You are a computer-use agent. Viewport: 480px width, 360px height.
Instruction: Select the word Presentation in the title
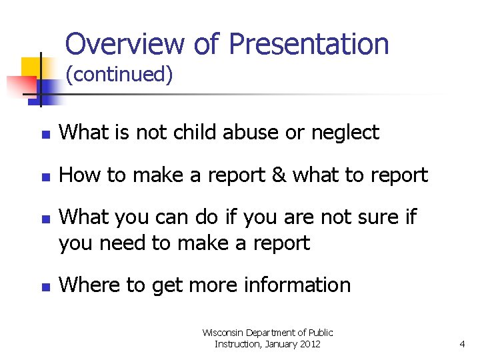click(309, 44)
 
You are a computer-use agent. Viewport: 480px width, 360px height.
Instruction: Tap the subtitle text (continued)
click(119, 75)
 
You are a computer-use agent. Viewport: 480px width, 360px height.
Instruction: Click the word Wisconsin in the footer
click(224, 332)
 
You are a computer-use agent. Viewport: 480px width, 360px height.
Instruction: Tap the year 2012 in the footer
click(309, 344)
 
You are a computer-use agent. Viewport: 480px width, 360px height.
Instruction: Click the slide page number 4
click(462, 345)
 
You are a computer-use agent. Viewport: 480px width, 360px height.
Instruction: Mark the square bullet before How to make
click(45, 177)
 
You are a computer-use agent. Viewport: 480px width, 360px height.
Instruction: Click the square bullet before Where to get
click(45, 287)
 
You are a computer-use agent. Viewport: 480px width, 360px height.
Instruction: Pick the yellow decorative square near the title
click(31, 67)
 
